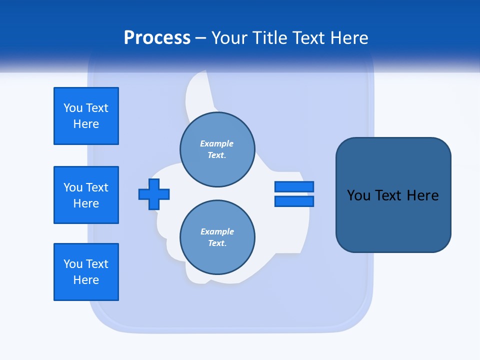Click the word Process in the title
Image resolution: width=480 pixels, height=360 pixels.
click(x=157, y=38)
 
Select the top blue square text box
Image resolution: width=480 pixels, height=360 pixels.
click(x=86, y=116)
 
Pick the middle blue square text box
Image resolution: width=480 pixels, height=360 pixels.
click(x=86, y=195)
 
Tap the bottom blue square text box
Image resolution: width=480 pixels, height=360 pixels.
click(x=86, y=272)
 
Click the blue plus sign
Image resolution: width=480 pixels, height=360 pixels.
click(x=154, y=194)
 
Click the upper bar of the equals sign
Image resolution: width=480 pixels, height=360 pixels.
click(x=294, y=186)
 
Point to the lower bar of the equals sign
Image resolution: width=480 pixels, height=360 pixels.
click(x=294, y=201)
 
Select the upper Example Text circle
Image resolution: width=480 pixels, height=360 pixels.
click(x=217, y=149)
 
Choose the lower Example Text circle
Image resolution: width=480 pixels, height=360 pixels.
click(x=217, y=237)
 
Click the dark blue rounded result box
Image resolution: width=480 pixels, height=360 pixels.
click(x=393, y=195)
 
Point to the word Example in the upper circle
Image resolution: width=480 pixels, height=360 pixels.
click(x=217, y=143)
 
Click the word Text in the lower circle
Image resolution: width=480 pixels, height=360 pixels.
click(x=216, y=243)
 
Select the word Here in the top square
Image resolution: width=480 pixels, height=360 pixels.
click(x=86, y=124)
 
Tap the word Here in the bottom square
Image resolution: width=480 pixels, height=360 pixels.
click(x=86, y=280)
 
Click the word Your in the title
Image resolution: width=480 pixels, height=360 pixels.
click(x=229, y=38)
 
